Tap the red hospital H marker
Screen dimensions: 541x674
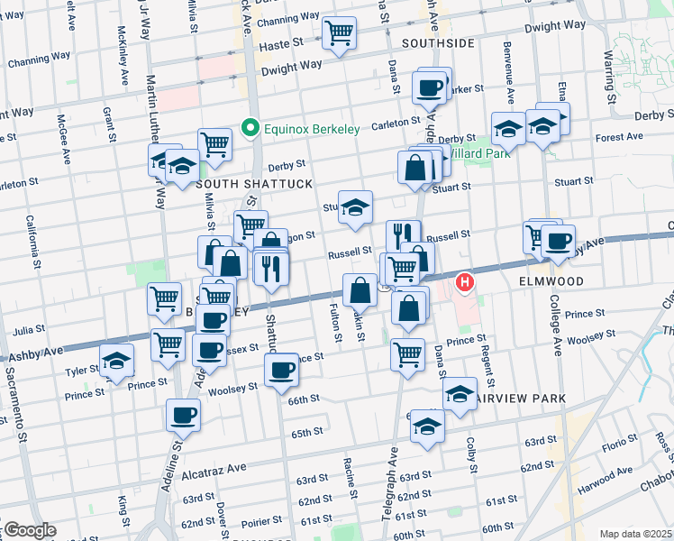coord(465,283)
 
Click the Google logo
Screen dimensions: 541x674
coord(29,530)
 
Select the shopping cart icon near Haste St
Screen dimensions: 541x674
coord(340,34)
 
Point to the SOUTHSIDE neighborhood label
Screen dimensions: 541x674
coord(438,42)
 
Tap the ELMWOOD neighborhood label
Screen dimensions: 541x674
coord(551,281)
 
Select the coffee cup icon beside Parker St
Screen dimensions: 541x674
coord(429,87)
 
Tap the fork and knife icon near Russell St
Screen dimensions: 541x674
coord(403,234)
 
